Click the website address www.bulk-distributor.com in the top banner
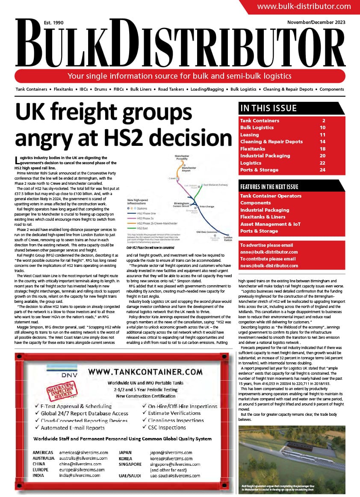click(304, 6)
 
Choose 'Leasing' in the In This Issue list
click(250, 135)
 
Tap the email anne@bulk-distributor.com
click(269, 252)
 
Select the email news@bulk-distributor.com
click(269, 266)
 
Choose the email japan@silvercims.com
click(171, 453)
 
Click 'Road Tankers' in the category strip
click(170, 89)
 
